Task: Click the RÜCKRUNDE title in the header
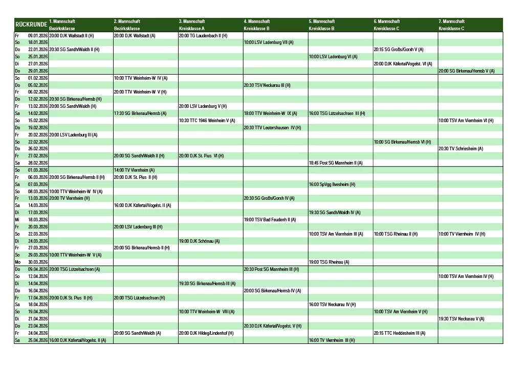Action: click(31, 25)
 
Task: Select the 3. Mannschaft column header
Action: click(192, 21)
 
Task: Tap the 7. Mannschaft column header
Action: click(451, 21)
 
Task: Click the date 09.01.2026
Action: click(38, 36)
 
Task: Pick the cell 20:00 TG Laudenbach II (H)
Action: click(203, 36)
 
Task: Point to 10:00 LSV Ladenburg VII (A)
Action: click(269, 42)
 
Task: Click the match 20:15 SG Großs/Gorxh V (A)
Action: click(399, 50)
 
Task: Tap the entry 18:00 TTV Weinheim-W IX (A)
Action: click(270, 113)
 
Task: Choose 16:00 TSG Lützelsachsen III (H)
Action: click(337, 113)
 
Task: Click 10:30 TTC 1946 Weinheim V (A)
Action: click(207, 121)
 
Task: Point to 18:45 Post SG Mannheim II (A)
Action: click(336, 163)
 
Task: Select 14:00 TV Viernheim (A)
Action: click(134, 170)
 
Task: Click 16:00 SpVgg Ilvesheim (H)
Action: click(332, 184)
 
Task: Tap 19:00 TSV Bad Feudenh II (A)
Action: click(270, 220)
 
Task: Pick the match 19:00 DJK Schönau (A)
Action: click(199, 241)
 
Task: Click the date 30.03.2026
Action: click(38, 262)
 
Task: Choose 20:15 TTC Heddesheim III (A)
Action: click(400, 333)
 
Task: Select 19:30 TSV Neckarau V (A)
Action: click(461, 319)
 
